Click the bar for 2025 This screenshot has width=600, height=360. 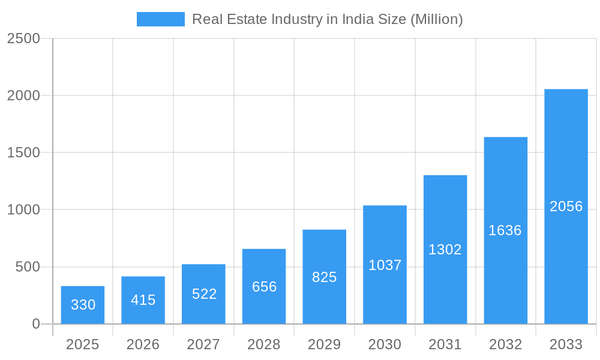[83, 305]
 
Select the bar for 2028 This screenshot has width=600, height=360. [264, 286]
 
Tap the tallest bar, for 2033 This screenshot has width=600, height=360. [566, 206]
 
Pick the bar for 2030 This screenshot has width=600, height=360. [385, 265]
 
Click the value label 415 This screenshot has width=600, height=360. [143, 300]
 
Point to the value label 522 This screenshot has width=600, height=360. [204, 294]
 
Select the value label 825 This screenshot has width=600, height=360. [325, 277]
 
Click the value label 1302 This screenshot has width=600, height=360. [445, 250]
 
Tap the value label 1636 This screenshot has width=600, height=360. [505, 230]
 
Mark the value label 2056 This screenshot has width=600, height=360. [566, 206]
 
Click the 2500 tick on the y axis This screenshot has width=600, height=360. [23, 39]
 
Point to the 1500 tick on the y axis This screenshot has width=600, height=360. [23, 153]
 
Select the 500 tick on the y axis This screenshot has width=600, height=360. [28, 267]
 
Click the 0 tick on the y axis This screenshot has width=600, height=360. [35, 324]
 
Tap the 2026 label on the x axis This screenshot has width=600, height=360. [143, 344]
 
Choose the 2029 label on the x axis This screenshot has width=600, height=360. [325, 344]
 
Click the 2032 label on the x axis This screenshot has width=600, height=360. [505, 344]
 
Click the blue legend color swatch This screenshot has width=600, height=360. [161, 19]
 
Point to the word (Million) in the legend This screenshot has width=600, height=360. [436, 19]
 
